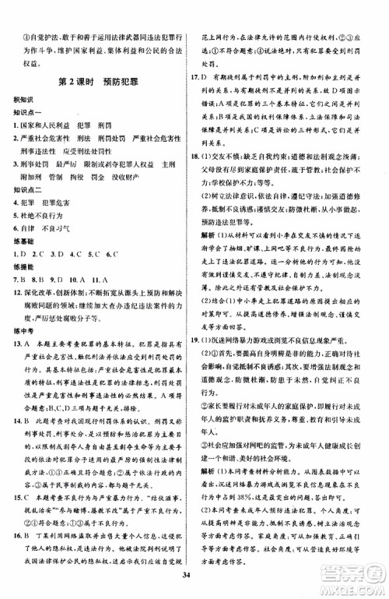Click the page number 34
194,577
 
